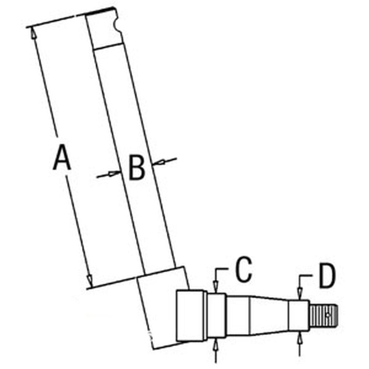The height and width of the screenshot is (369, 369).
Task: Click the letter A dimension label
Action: [x=62, y=157]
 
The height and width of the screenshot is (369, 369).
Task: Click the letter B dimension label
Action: [x=137, y=167]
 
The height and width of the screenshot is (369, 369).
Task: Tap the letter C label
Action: [x=244, y=269]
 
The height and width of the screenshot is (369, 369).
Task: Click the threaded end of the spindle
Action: [x=324, y=315]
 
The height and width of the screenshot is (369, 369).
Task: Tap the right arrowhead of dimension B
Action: [x=158, y=162]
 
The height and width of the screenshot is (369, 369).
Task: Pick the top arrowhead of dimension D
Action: [x=300, y=294]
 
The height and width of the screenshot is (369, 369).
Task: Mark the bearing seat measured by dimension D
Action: [x=299, y=316]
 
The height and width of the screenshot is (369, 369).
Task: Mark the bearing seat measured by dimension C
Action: [x=217, y=316]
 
